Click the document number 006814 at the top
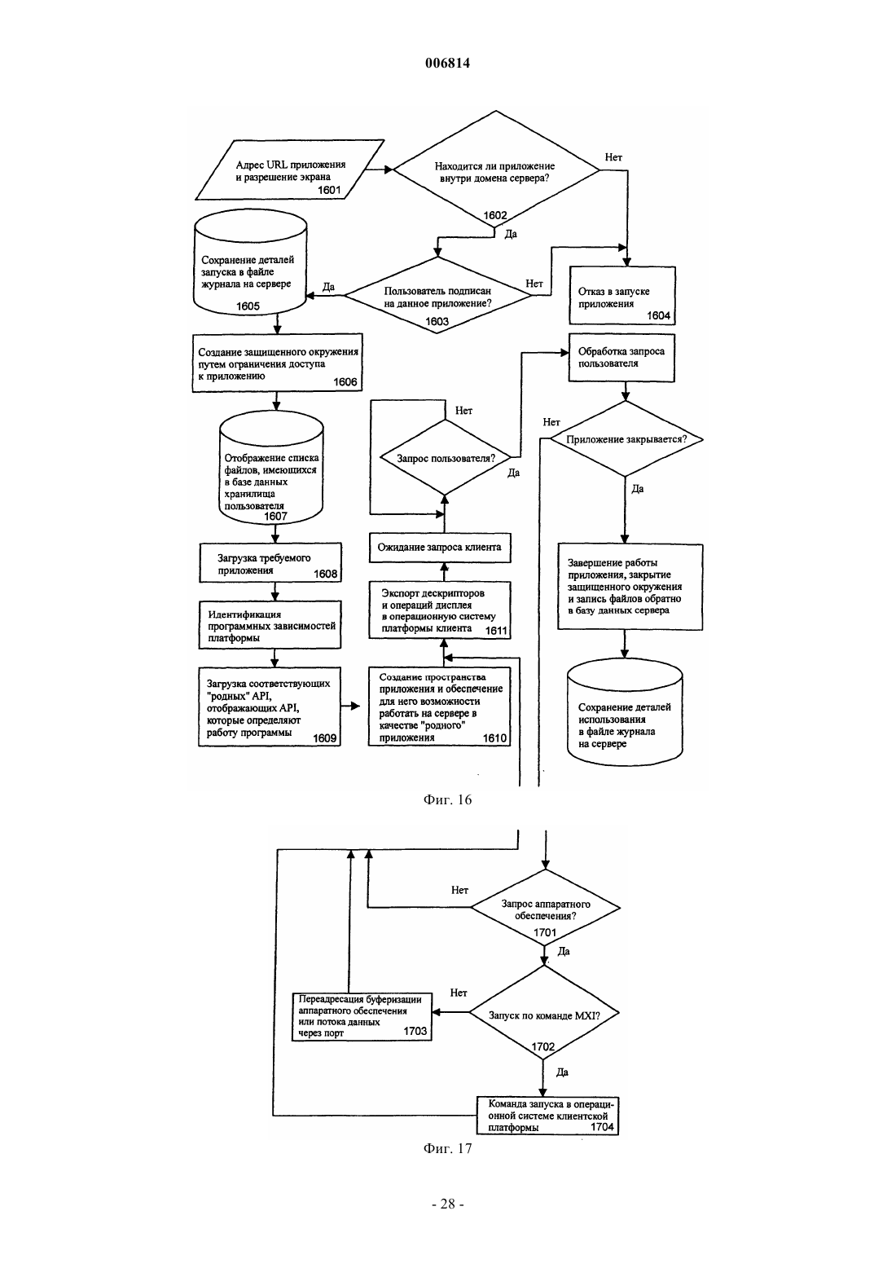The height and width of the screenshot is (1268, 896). [x=447, y=63]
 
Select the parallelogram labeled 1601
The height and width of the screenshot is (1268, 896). [x=290, y=170]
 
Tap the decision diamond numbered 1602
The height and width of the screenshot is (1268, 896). [x=496, y=169]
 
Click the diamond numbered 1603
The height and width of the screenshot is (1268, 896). [x=437, y=295]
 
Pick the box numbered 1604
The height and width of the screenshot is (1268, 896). [x=622, y=296]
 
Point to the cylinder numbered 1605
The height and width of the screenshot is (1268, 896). [x=250, y=266]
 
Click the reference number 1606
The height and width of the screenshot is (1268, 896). [x=345, y=382]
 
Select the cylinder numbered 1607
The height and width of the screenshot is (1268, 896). [x=271, y=469]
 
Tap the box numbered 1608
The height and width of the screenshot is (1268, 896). [x=270, y=562]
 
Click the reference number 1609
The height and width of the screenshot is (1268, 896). [x=325, y=738]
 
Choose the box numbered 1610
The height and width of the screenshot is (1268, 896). [x=440, y=707]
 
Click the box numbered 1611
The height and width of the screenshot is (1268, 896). [x=440, y=610]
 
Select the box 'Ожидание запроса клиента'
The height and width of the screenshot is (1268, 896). [x=440, y=548]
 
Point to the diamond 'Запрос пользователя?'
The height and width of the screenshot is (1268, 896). [x=445, y=458]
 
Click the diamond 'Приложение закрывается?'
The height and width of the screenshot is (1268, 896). [x=626, y=438]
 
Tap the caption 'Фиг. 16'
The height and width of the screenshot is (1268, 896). [x=447, y=799]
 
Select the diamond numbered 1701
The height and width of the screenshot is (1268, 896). [x=545, y=907]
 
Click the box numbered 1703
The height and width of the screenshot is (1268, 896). [x=362, y=1016]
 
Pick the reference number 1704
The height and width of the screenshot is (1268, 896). [x=603, y=1127]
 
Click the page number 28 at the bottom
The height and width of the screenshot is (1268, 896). [x=447, y=1204]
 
